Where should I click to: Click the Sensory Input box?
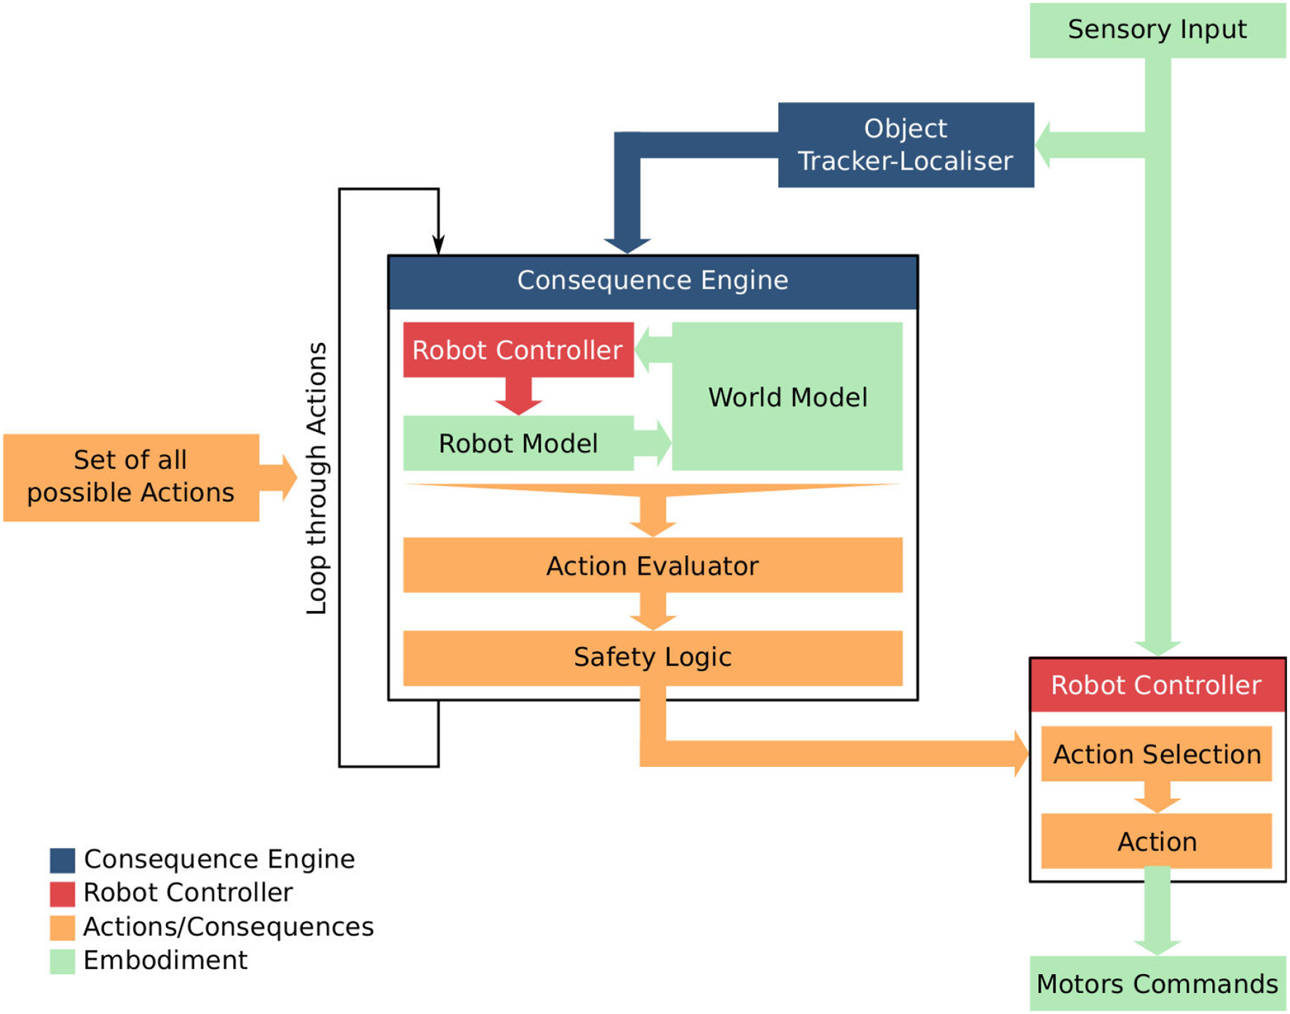pos(1157,30)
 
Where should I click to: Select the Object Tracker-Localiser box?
pos(905,145)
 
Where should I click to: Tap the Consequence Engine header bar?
pos(652,281)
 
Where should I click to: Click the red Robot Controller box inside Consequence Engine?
pos(518,350)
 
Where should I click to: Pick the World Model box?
pos(787,397)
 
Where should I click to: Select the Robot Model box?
pos(518,443)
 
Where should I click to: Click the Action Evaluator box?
pos(652,565)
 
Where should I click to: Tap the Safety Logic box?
pos(652,657)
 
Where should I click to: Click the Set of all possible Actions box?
pos(131,477)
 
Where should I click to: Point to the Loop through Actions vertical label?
pos(317,479)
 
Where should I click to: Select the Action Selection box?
pos(1156,754)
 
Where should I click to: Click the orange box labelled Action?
pos(1156,841)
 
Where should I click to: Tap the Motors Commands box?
pos(1157,983)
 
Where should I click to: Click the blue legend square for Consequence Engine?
pos(63,860)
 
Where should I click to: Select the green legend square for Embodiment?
pos(63,961)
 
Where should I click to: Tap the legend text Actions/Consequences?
pos(228,927)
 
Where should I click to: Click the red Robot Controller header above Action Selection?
pos(1156,685)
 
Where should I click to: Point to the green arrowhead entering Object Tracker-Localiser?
pos(1045,145)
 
